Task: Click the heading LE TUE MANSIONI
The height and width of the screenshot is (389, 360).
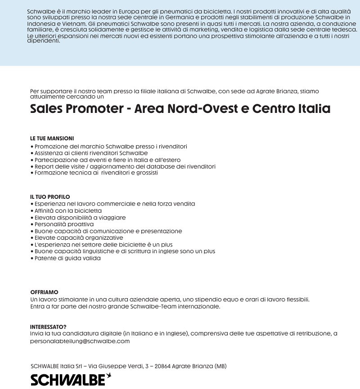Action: pyautogui.click(x=52, y=139)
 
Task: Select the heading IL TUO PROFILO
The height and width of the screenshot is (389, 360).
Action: pyautogui.click(x=50, y=197)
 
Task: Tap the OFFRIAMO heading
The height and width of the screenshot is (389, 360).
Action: pyautogui.click(x=44, y=292)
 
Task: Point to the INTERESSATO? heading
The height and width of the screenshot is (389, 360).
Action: pyautogui.click(x=48, y=326)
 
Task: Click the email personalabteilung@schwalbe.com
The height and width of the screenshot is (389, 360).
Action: pyautogui.click(x=80, y=341)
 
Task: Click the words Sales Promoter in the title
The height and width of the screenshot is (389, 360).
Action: pyautogui.click(x=76, y=109)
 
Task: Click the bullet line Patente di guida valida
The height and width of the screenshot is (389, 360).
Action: pyautogui.click(x=67, y=258)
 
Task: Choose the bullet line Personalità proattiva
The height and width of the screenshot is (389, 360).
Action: pyautogui.click(x=64, y=224)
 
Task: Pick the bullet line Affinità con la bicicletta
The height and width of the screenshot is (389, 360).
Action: pyautogui.click(x=68, y=210)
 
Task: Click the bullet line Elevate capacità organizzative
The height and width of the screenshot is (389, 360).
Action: pyautogui.click(x=79, y=237)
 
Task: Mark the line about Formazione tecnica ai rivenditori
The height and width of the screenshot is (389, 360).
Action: pyautogui.click(x=96, y=173)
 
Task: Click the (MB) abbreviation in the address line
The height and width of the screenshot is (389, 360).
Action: pyautogui.click(x=221, y=366)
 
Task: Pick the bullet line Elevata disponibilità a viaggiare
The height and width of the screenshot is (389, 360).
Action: pyautogui.click(x=80, y=217)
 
